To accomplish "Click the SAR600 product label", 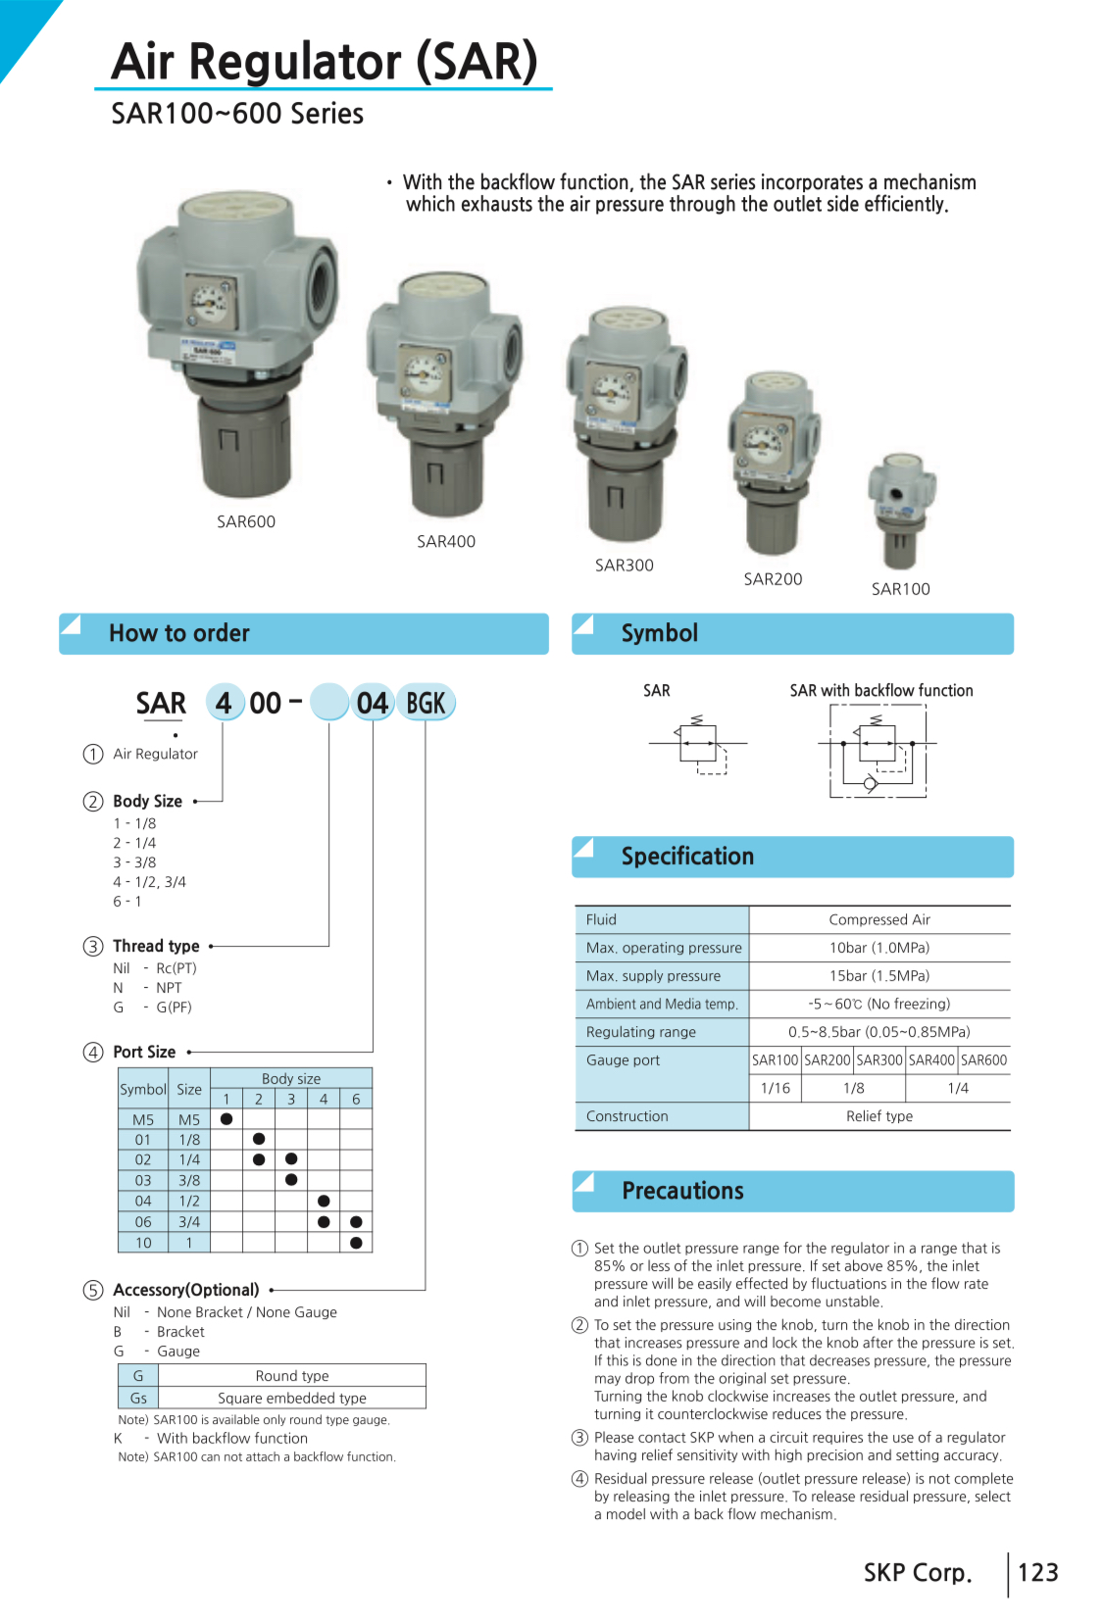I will [246, 522].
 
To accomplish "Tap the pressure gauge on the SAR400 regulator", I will [425, 374].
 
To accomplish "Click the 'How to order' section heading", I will [179, 633].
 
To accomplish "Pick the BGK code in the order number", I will [426, 704].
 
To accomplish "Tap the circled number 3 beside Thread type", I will [93, 947].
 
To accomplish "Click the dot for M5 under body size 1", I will [226, 1119].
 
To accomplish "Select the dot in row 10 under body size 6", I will [356, 1243].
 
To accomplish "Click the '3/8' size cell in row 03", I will [189, 1181].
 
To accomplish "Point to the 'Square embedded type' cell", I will [292, 1399].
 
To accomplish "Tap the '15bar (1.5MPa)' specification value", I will [879, 976].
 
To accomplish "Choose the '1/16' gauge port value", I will [776, 1089].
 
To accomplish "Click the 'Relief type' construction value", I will [879, 1116].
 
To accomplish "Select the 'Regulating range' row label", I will [641, 1032].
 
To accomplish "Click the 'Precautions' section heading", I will [682, 1192].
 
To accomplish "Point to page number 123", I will [1038, 1573].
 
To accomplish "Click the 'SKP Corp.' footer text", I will [918, 1573].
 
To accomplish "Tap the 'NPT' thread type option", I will [169, 988].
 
